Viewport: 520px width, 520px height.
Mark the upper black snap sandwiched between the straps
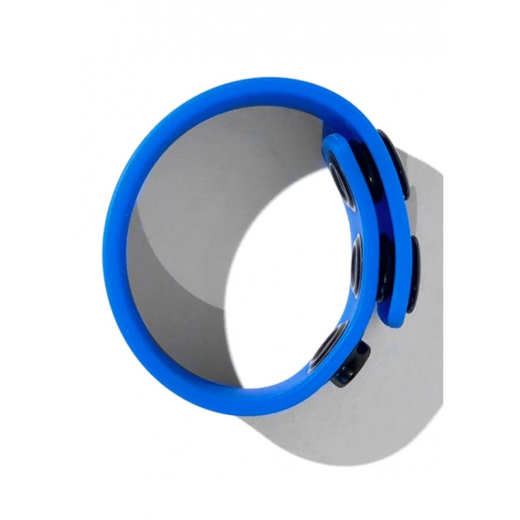(x=363, y=162)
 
